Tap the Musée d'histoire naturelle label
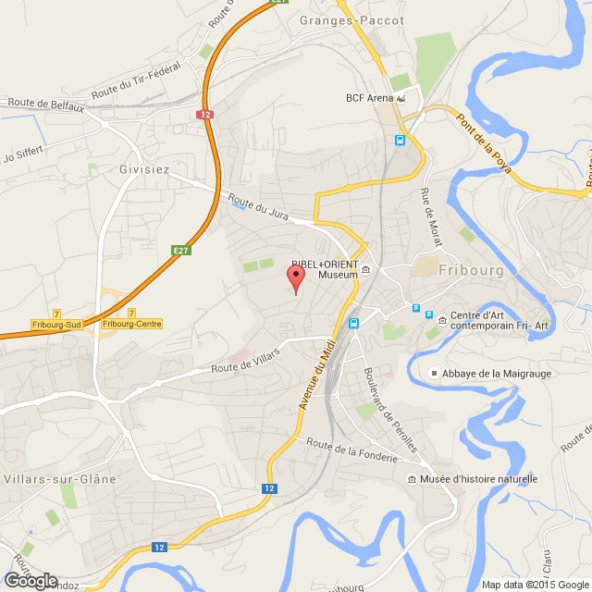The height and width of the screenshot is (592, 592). coord(478,479)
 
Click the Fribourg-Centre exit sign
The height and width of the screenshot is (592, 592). coord(131,324)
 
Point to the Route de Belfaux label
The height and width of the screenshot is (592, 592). coord(46,105)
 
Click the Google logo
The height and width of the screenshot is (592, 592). coord(31,580)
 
